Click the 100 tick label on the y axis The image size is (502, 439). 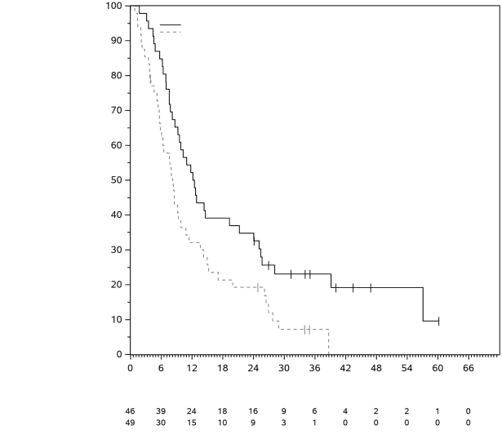(113, 7)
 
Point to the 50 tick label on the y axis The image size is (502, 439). (116, 180)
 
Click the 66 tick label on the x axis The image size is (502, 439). (469, 368)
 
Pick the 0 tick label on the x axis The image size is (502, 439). (130, 368)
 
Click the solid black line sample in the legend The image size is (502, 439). (170, 24)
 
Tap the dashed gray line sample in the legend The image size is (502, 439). (170, 32)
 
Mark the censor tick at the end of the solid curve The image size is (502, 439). (438, 321)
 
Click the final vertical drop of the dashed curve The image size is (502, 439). (328, 342)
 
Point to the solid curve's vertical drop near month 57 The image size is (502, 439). (423, 304)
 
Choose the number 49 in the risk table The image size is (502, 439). (130, 423)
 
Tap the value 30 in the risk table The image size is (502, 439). (161, 423)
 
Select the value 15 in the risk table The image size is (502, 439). (192, 423)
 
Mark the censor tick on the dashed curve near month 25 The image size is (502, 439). (258, 287)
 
